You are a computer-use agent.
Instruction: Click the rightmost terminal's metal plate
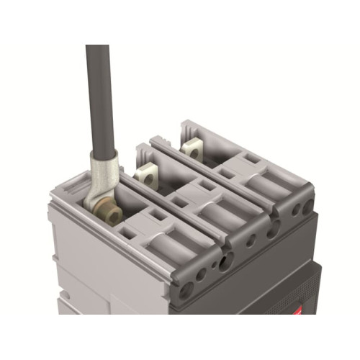coord(192,150)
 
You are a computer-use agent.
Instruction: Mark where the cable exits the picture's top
coord(97,48)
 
